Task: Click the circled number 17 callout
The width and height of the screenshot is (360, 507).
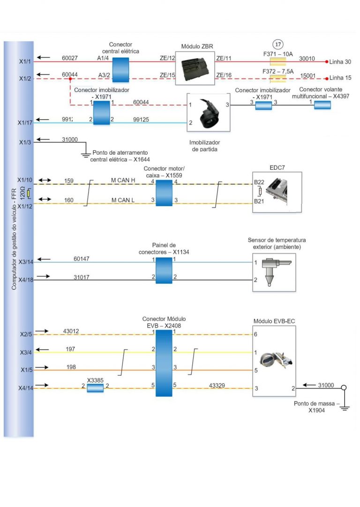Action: [x=278, y=45]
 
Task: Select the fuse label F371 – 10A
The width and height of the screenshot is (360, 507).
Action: [x=278, y=54]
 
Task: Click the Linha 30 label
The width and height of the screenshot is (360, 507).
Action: [x=340, y=62]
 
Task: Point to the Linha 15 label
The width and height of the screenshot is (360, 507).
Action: [x=340, y=78]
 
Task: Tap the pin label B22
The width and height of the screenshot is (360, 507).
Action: [x=258, y=182]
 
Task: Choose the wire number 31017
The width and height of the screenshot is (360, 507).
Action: [x=82, y=277]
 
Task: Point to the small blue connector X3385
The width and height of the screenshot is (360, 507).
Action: [x=95, y=388]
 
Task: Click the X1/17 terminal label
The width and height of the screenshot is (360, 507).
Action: [x=25, y=123]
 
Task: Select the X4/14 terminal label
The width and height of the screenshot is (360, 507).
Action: [x=25, y=388]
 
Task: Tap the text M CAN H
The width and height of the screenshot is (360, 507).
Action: [x=123, y=180]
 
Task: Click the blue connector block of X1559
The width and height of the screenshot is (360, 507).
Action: [x=164, y=192]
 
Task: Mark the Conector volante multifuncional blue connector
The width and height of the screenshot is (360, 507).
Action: [x=322, y=105]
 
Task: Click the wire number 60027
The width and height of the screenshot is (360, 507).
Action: [x=70, y=58]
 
